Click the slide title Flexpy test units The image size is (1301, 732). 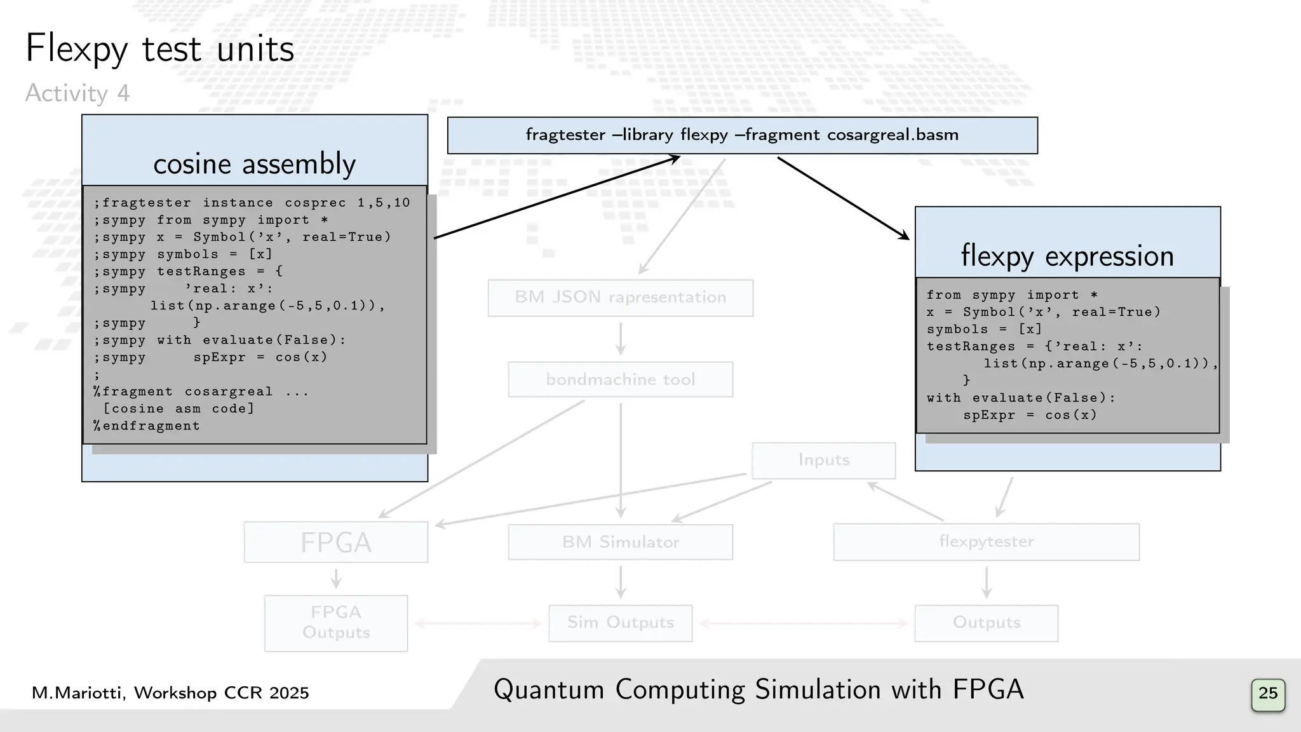(159, 49)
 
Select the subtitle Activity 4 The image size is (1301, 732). (78, 93)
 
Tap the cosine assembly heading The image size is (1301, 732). (254, 164)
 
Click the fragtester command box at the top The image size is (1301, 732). (742, 135)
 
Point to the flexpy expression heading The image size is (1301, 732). (1067, 255)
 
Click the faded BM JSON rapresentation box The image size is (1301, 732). (620, 297)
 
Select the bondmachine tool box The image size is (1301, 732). (620, 379)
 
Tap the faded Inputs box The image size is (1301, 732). (823, 460)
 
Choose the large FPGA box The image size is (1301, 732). (335, 542)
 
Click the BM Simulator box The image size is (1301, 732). (620, 542)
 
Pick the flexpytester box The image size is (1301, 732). (986, 542)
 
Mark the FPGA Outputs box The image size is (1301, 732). (335, 623)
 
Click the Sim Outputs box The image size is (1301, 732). (620, 623)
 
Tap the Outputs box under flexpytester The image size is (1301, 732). (986, 623)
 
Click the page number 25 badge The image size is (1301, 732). (1267, 693)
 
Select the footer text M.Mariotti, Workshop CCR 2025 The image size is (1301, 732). (170, 693)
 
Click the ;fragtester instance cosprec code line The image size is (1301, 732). (252, 203)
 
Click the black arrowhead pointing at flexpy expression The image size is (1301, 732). (904, 236)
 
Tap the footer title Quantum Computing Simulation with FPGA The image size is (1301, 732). (758, 690)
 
